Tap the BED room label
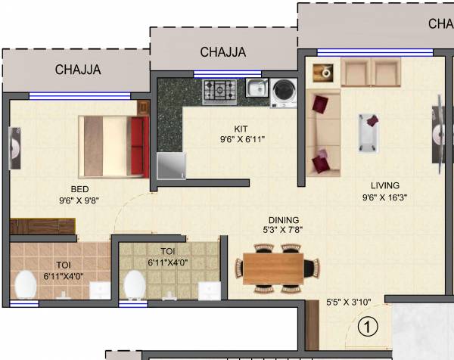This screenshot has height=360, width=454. pos(80,189)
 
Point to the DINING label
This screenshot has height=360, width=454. pos(284,220)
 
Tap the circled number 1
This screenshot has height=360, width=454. pos(367,327)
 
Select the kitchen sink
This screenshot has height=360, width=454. pos(255,88)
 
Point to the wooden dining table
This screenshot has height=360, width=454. pos(272,268)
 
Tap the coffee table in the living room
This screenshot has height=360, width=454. pos(370,132)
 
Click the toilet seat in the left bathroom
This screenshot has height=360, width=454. pos(26,284)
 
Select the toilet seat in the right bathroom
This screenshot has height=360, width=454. pos(135,284)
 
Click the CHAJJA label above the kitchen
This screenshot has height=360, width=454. pos(223,52)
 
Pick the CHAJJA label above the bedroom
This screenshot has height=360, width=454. pos(78,70)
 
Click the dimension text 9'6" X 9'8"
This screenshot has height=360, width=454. pos(80,201)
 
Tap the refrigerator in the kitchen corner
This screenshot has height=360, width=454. pos(172,166)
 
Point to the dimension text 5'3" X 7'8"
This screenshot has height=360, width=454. pos(284,230)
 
